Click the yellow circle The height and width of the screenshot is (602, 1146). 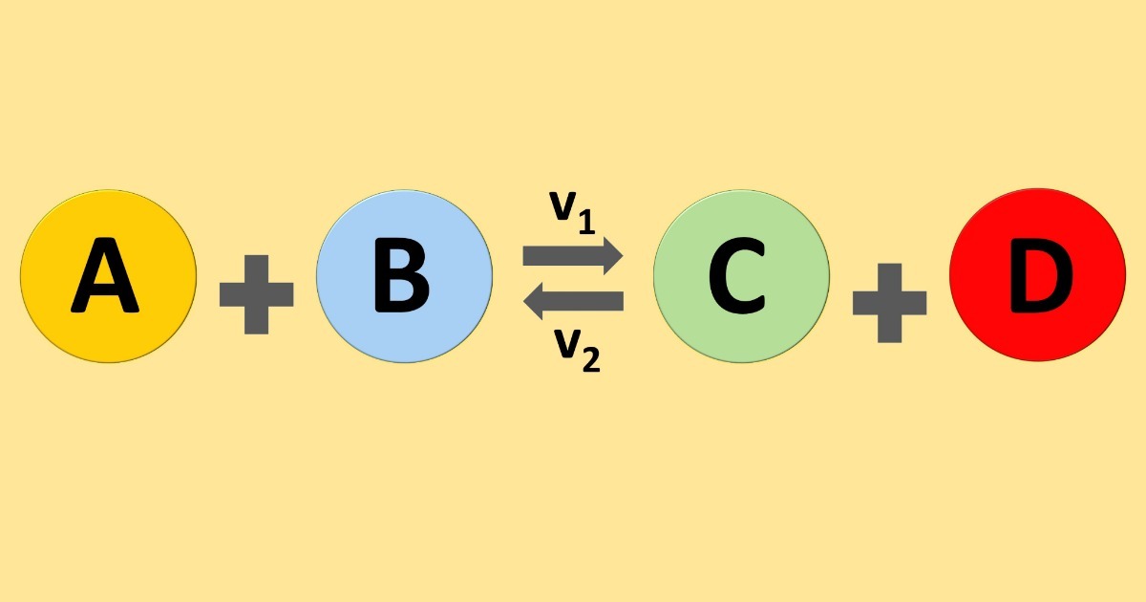[x=109, y=276]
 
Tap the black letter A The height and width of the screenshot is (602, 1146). [x=105, y=275]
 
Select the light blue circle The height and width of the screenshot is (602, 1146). [x=404, y=276]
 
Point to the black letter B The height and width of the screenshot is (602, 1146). [x=402, y=275]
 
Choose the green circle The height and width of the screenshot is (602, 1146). [x=741, y=276]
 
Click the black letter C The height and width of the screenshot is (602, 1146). [x=737, y=275]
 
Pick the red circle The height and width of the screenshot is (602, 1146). [x=1037, y=275]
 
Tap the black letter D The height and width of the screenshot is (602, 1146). [x=1042, y=275]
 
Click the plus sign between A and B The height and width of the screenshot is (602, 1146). [x=256, y=295]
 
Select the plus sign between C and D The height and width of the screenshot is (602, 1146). [x=890, y=303]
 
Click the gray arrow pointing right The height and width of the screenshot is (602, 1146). [x=572, y=255]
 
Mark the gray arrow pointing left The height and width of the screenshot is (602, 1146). [x=574, y=301]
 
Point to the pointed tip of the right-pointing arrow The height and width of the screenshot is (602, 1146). [x=623, y=255]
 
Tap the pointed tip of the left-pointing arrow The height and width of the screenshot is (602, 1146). [x=523, y=301]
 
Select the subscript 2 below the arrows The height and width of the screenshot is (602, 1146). [x=591, y=359]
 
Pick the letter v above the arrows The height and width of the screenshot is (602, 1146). [x=562, y=206]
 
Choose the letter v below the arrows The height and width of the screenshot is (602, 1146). [x=567, y=343]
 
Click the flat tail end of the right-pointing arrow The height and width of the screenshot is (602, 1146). [x=523, y=255]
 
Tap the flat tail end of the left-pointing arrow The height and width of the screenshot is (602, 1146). [x=624, y=301]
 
